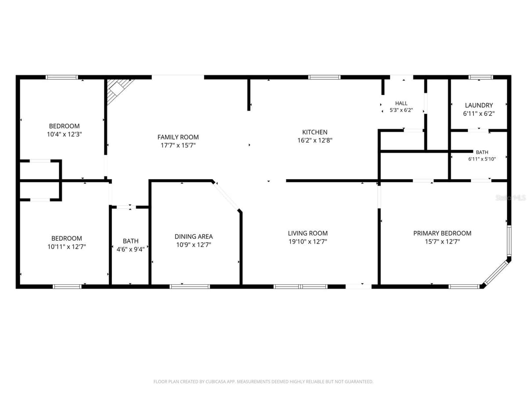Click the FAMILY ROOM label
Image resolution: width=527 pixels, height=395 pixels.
pos(178,137)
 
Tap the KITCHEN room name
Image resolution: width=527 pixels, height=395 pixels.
pos(314,132)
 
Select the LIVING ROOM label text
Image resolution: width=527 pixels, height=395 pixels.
pos(307,233)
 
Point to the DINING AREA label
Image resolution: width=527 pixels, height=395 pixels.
pos(194,237)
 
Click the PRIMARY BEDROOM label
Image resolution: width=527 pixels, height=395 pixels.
pos(442,233)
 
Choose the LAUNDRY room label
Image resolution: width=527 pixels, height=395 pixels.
pos(479,105)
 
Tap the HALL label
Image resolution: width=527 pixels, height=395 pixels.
pos(401,104)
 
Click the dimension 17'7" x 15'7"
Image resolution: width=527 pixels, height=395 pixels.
pos(178,145)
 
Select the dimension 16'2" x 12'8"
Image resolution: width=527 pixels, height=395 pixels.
pos(314,140)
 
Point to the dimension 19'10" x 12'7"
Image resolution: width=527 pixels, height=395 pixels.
pos(307,241)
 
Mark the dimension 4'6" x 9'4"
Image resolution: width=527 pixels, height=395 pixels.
pos(130,249)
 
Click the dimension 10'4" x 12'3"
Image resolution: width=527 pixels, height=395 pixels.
pos(64,134)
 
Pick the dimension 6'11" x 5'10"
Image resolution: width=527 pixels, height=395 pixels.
pos(482,159)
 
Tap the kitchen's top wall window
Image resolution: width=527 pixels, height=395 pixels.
pos(324,77)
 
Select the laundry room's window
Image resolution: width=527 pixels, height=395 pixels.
pos(480,77)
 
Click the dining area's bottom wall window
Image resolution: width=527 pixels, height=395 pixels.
pos(189,286)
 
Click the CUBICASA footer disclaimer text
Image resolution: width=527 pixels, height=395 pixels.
pos(263,381)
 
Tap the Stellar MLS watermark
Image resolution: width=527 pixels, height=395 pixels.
pos(511,198)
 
